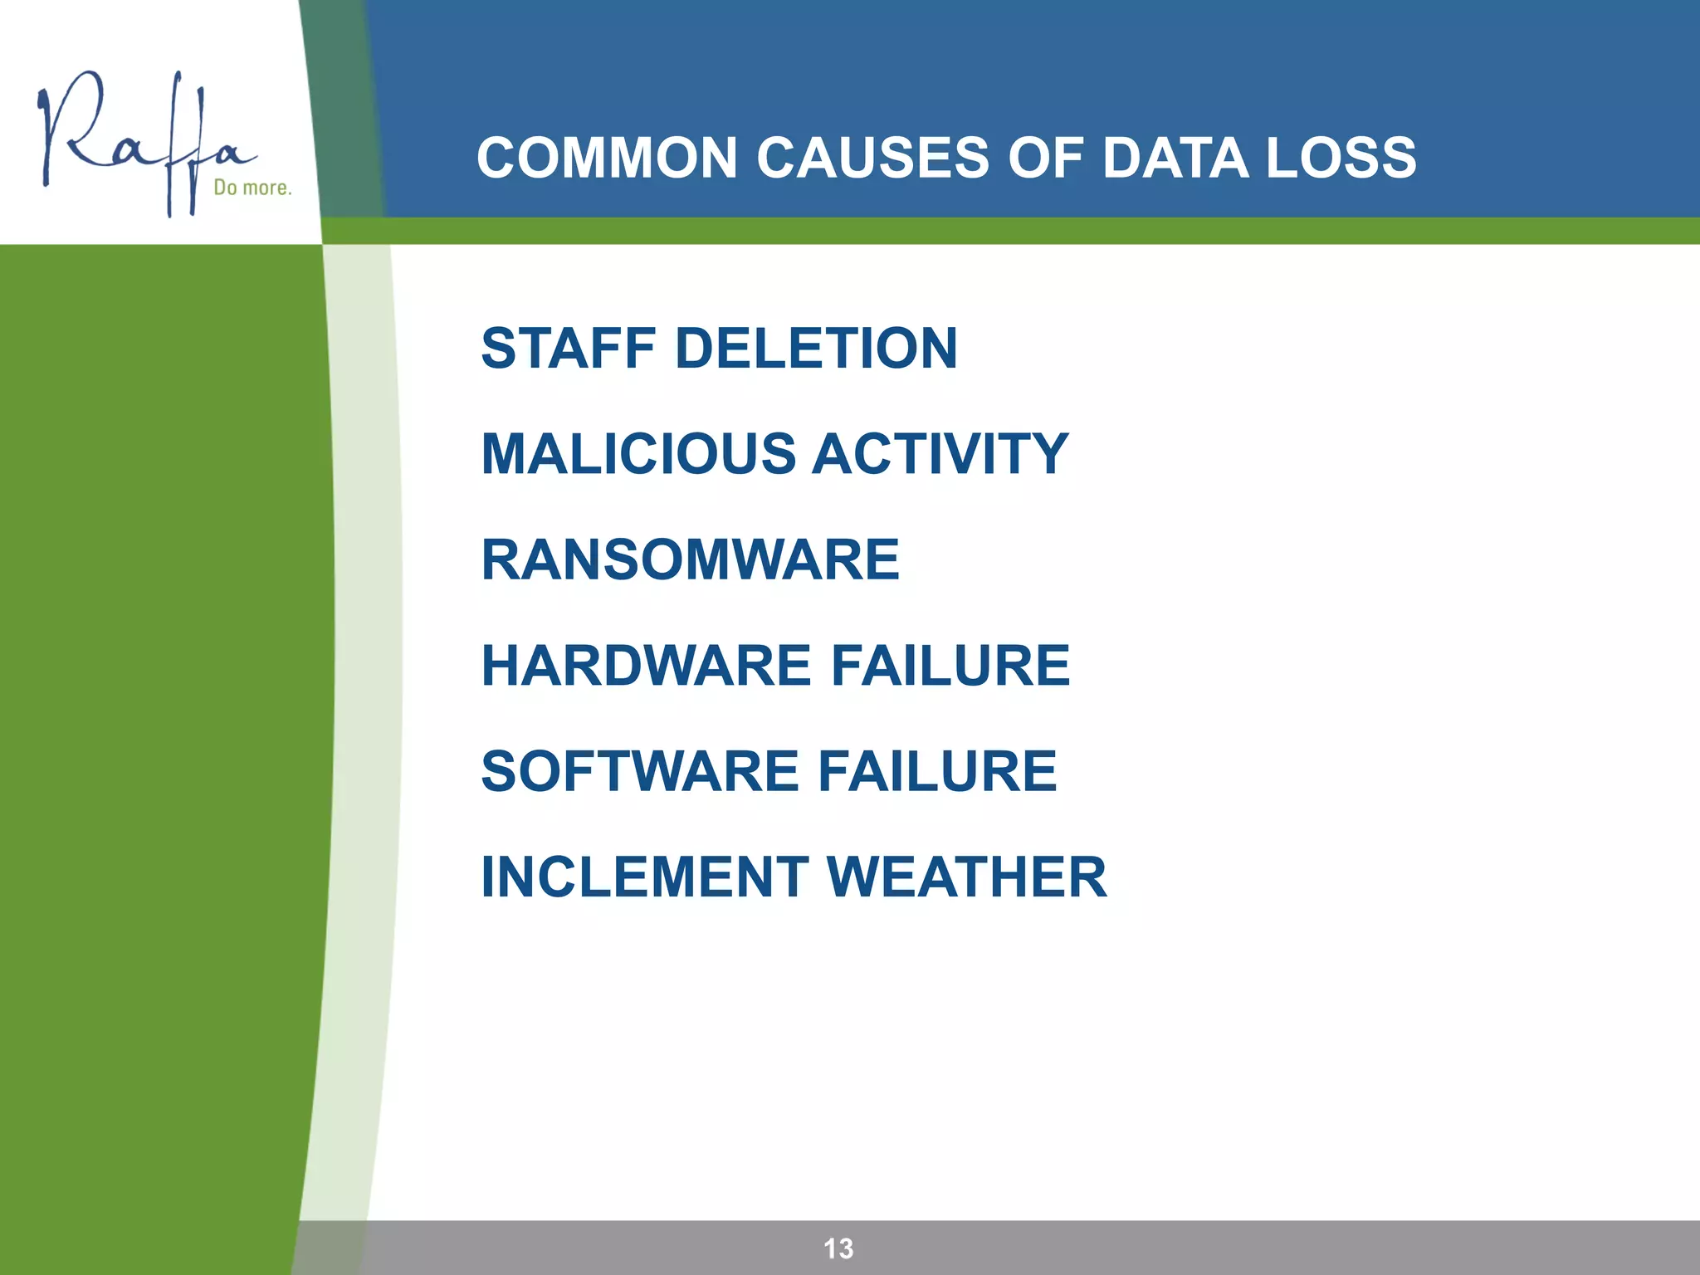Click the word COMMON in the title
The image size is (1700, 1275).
(x=607, y=158)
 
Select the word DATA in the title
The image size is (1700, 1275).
(x=1175, y=158)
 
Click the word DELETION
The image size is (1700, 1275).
(x=817, y=348)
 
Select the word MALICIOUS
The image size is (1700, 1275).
(x=638, y=454)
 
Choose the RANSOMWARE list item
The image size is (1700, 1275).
(x=690, y=559)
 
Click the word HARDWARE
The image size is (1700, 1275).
(x=647, y=666)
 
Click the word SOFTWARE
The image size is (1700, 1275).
(x=640, y=771)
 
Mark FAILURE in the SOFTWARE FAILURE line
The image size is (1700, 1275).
(x=937, y=771)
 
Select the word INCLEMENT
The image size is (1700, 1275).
(x=645, y=877)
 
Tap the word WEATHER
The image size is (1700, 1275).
(x=967, y=877)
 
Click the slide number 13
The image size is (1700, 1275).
(x=838, y=1248)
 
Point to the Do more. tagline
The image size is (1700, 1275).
(x=252, y=188)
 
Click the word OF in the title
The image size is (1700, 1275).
(x=1045, y=158)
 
